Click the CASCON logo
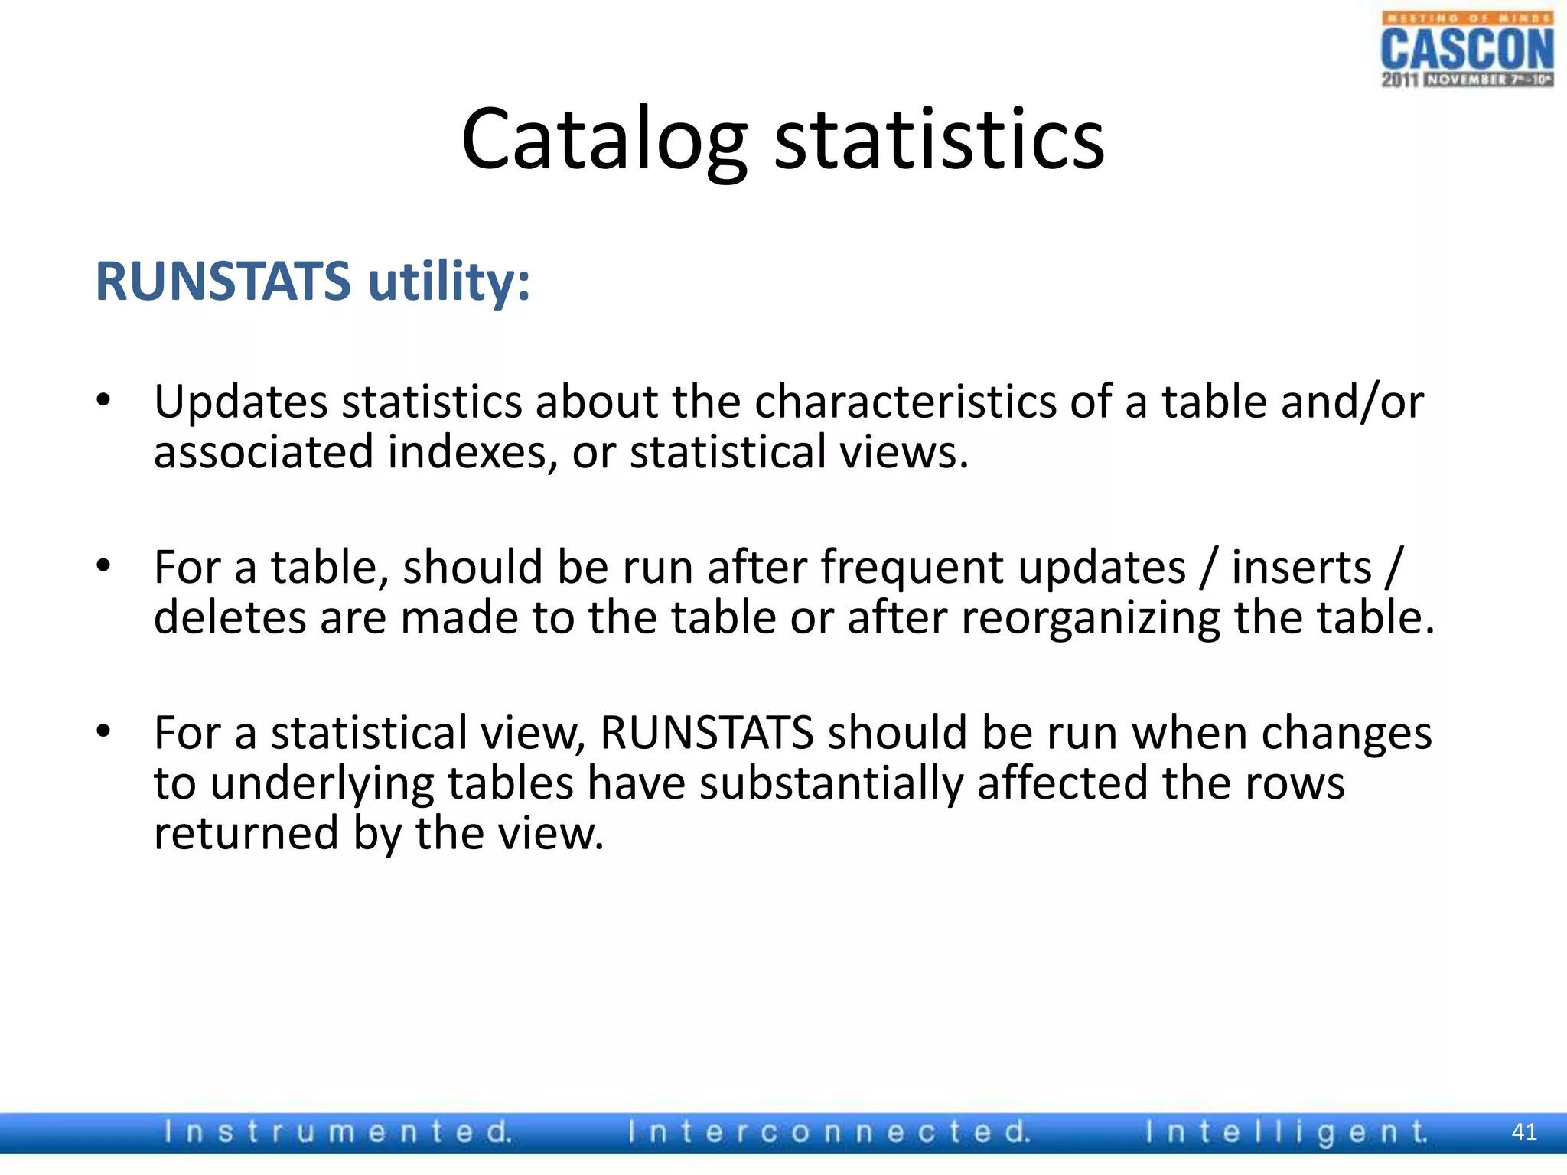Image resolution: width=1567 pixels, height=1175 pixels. point(1467,50)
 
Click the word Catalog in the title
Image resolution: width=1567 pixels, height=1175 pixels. point(604,140)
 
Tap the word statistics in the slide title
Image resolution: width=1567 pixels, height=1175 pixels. point(940,140)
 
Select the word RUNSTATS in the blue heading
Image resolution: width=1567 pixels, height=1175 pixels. point(223,282)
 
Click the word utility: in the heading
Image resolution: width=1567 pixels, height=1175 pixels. point(449,282)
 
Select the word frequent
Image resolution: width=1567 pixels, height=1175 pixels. point(912,568)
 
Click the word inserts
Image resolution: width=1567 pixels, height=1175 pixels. point(1301,568)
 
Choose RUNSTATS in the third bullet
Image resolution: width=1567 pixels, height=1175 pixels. point(706,733)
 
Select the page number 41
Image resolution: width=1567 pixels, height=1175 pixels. point(1524,1132)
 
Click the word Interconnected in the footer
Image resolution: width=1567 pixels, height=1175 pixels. point(829,1131)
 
